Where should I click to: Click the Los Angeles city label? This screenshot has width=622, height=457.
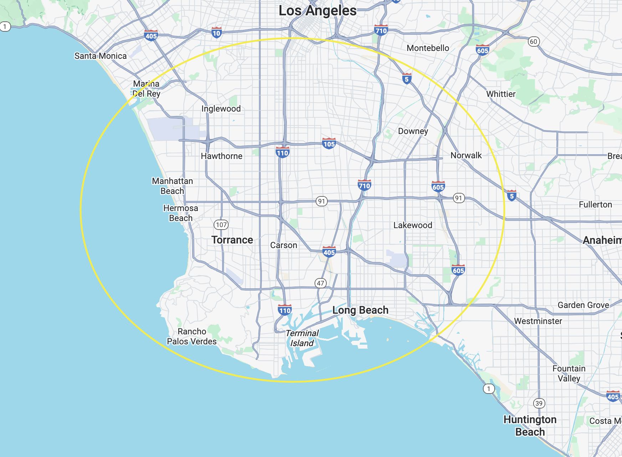317,11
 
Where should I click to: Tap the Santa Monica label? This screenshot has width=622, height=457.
100,56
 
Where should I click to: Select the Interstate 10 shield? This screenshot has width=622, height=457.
216,33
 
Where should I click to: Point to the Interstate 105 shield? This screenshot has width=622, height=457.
329,143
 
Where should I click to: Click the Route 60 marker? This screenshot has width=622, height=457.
533,41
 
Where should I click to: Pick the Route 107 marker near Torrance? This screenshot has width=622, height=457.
221,225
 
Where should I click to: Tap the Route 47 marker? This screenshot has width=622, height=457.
321,283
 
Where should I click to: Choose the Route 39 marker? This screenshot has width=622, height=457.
539,403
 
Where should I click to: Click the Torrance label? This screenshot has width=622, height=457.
232,240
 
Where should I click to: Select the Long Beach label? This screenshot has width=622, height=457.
360,310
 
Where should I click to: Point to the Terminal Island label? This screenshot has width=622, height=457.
302,338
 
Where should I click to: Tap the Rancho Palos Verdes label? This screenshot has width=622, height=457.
192,337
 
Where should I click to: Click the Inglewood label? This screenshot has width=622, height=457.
221,109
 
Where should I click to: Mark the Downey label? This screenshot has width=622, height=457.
413,131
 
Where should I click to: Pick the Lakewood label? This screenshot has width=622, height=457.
413,225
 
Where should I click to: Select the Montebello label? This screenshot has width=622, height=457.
428,48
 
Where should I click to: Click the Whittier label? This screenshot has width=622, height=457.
501,94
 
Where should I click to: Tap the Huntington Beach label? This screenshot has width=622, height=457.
530,426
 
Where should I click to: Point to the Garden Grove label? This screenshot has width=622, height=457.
583,305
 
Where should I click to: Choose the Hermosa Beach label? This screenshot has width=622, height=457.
180,213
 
